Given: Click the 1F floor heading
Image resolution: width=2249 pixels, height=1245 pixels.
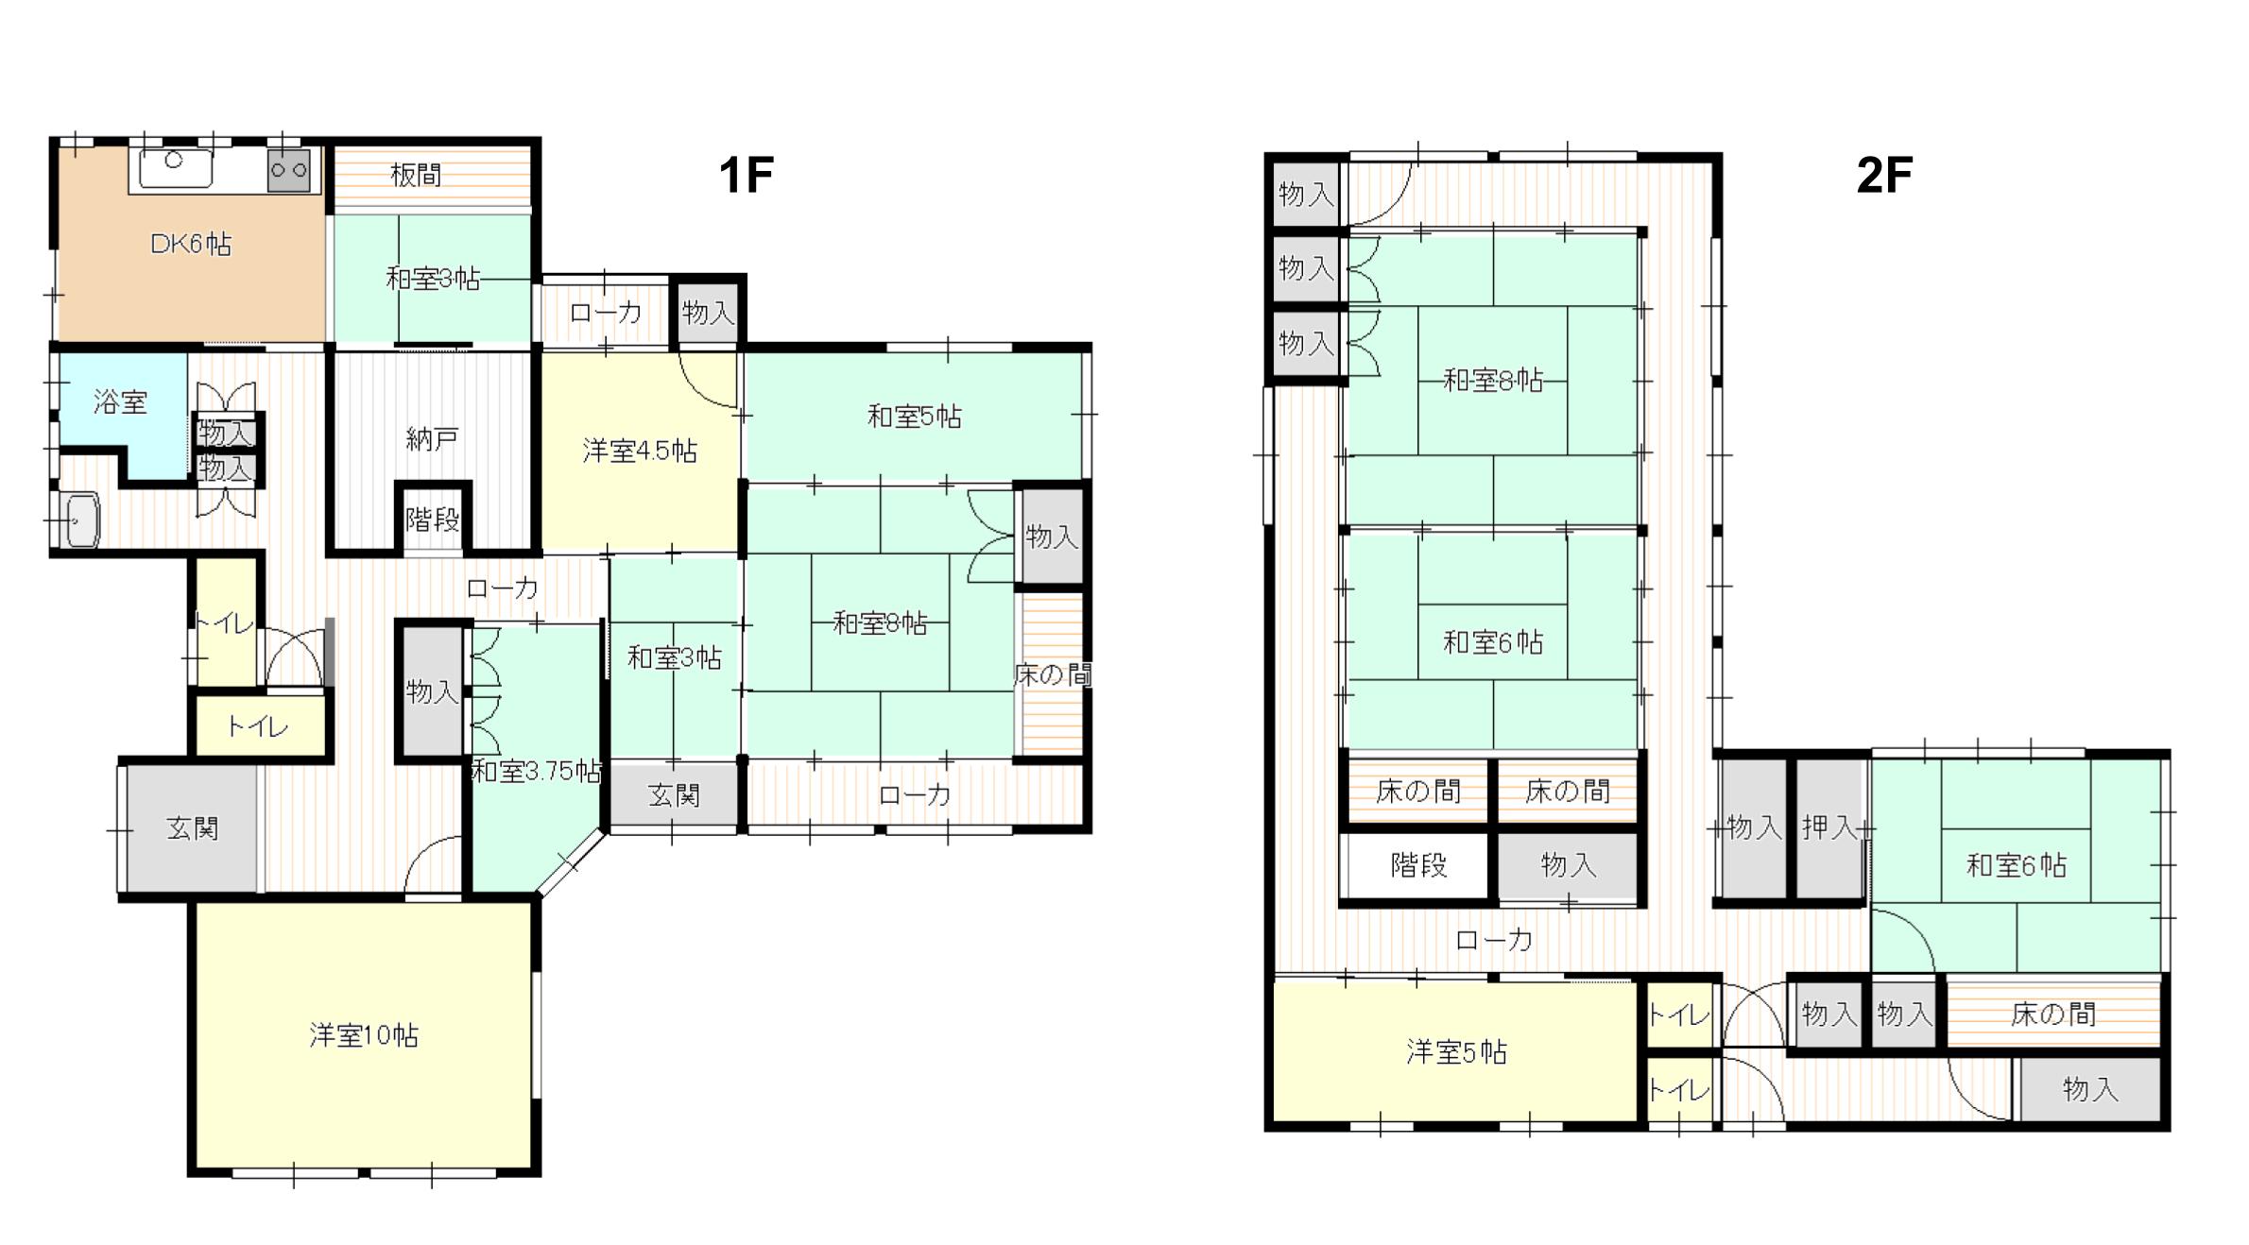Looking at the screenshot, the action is (746, 175).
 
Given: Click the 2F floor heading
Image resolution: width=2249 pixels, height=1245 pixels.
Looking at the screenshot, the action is (1884, 175).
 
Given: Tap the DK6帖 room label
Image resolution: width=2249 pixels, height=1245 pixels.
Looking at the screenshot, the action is (190, 245).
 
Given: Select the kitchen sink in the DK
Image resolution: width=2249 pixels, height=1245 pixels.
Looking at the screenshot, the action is (175, 167).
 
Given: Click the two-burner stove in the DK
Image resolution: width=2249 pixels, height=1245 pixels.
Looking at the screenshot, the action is (288, 171).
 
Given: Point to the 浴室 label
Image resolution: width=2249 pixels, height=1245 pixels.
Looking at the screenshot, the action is (120, 402).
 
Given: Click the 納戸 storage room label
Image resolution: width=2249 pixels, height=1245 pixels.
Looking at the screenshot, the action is (432, 439).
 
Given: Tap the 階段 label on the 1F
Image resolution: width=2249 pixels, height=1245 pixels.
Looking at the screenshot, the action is (432, 519).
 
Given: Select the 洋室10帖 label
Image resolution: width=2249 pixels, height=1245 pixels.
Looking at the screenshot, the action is (364, 1035).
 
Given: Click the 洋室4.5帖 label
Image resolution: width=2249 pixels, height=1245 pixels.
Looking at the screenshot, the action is (640, 452).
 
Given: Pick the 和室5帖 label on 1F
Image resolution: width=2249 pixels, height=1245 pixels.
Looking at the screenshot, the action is (914, 417).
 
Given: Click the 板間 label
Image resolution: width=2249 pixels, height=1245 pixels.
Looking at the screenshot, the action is (416, 175).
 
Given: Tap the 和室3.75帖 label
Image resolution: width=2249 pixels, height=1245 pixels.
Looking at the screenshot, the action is (536, 772).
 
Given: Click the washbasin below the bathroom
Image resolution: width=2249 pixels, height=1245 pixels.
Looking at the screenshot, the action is (83, 519).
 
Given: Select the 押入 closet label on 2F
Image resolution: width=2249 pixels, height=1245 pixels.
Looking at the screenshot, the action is (1829, 827).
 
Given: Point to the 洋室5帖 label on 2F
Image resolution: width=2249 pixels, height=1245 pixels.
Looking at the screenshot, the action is (1456, 1052).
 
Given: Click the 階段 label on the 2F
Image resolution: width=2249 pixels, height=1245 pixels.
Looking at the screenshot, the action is (1418, 865).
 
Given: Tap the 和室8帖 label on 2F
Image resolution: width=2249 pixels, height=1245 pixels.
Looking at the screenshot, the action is (1493, 381).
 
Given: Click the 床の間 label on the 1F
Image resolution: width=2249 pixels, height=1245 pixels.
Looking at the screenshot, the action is (1052, 674).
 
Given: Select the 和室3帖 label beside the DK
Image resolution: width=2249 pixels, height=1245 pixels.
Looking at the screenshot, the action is (433, 279).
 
